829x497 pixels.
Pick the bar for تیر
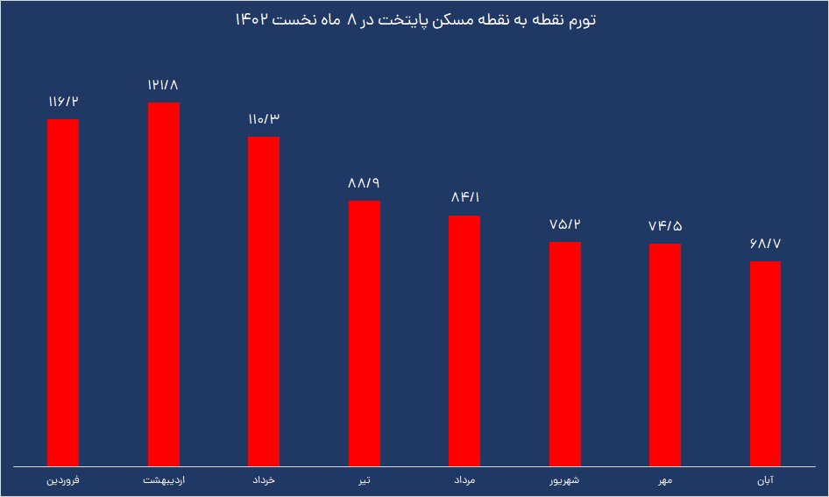click(365, 333)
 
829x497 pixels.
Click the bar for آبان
click(765, 363)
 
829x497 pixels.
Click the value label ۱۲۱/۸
click(163, 86)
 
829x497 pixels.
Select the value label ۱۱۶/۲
click(63, 103)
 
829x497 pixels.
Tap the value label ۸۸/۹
click(365, 184)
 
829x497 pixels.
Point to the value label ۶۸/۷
click(765, 245)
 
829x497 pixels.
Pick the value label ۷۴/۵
click(665, 226)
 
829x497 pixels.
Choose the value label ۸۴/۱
click(464, 198)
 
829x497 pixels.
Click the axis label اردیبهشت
click(163, 481)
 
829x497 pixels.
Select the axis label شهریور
click(565, 481)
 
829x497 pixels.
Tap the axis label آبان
click(765, 481)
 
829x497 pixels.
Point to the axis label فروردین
click(63, 481)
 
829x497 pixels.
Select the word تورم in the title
click(577, 19)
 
